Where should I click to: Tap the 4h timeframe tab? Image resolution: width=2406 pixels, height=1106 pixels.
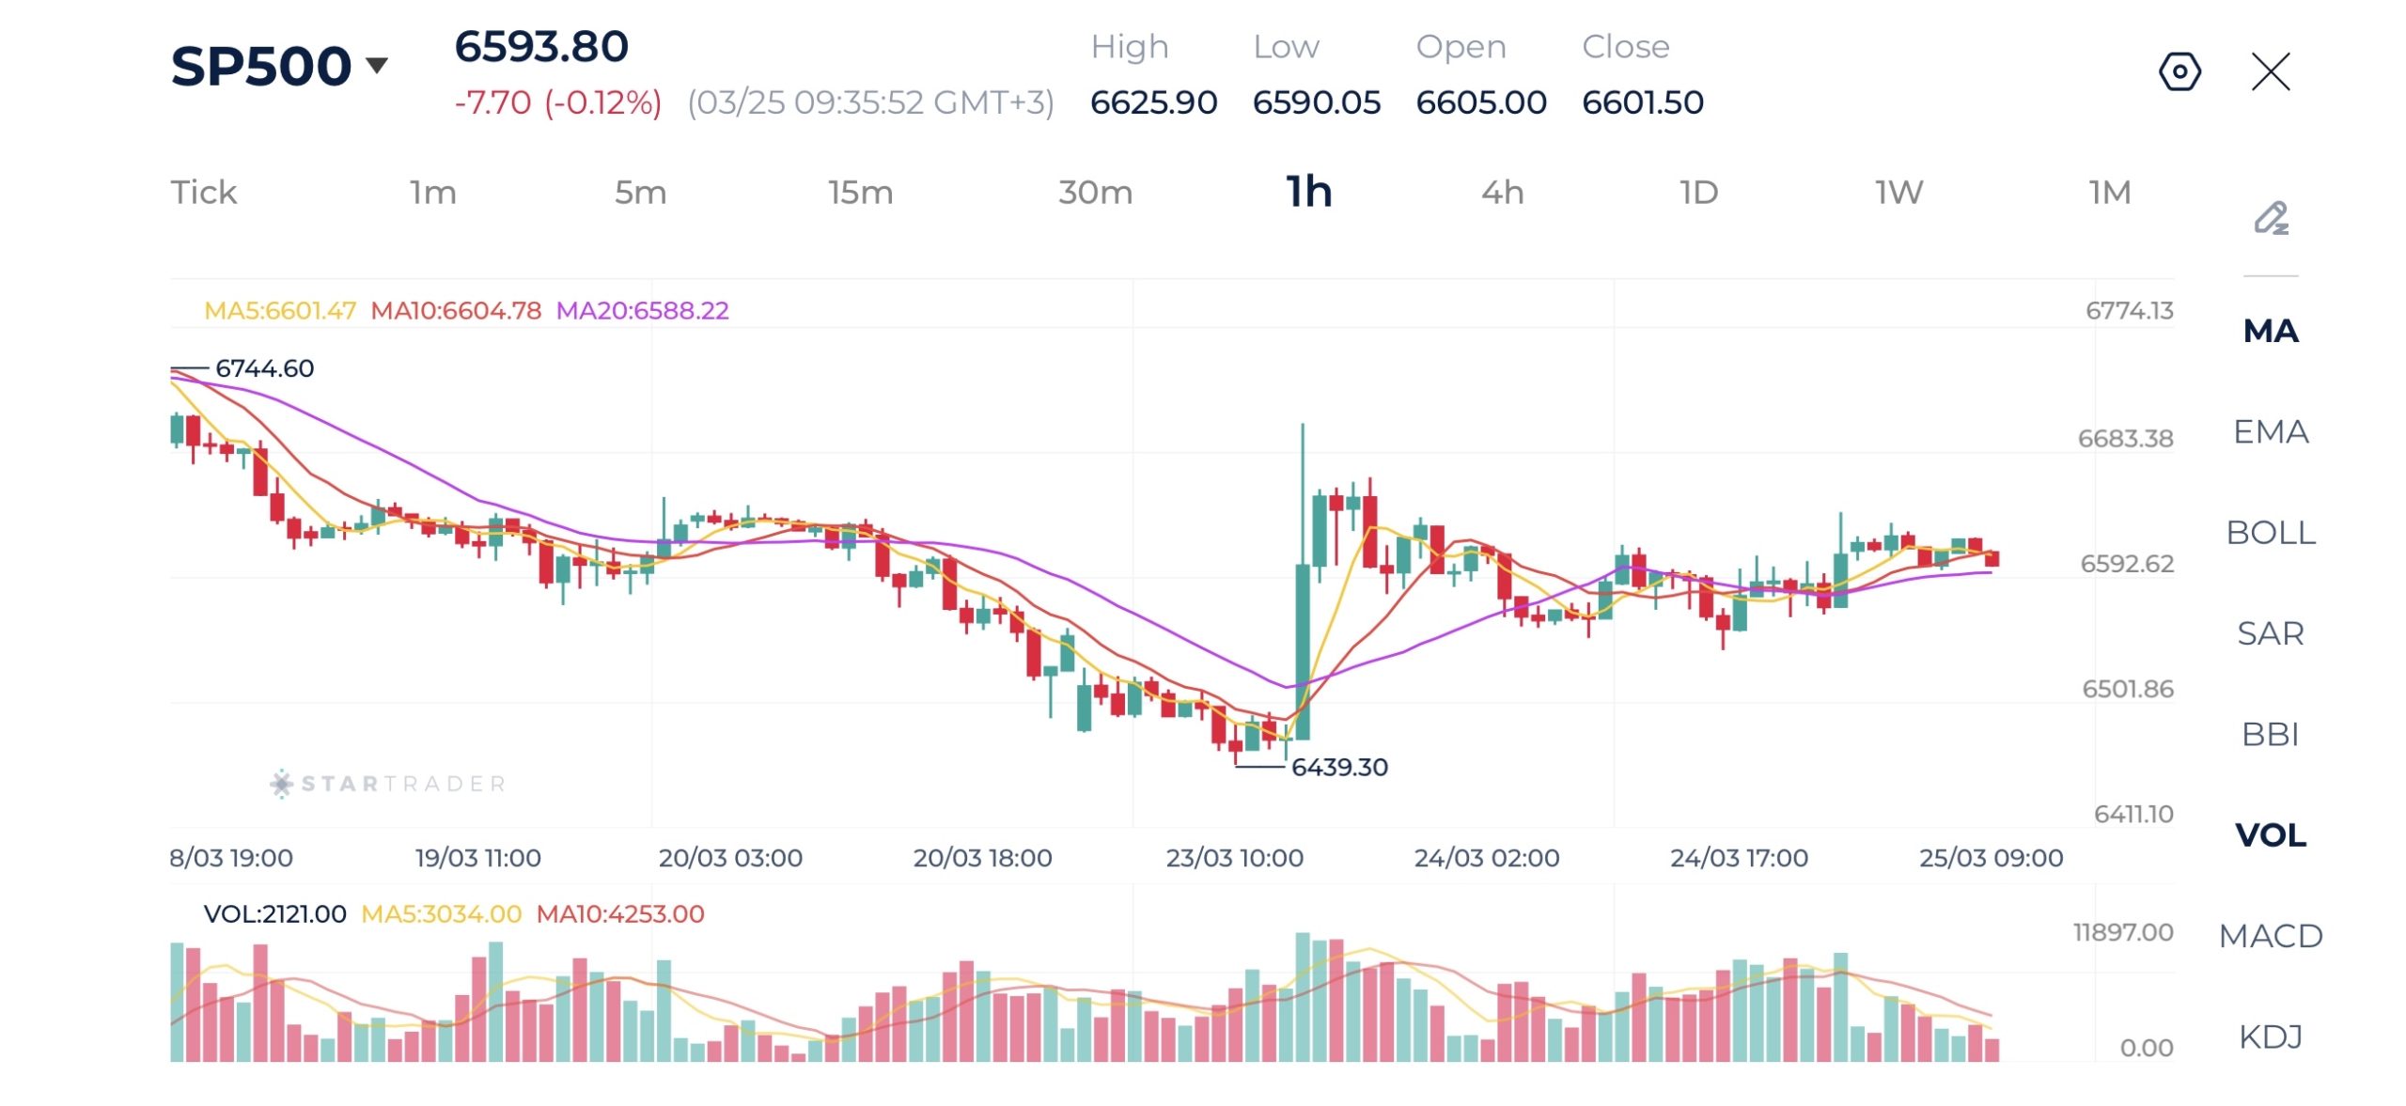tap(1502, 193)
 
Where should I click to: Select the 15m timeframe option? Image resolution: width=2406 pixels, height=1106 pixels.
tap(860, 193)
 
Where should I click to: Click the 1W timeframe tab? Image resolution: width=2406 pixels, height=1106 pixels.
tap(1898, 193)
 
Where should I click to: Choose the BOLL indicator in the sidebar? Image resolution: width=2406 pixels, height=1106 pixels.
tap(2270, 533)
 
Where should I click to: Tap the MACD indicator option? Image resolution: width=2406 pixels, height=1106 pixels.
tap(2270, 936)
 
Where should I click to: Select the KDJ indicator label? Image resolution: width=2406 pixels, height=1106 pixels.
tap(2270, 1036)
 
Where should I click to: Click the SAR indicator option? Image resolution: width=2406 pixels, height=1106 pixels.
tap(2270, 633)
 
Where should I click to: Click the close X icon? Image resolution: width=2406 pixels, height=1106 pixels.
tap(2271, 71)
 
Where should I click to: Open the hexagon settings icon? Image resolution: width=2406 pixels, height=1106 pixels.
tap(2179, 71)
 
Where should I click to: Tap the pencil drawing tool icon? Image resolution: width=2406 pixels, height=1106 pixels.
tap(2271, 218)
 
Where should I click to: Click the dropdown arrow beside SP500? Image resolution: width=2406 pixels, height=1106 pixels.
tap(377, 65)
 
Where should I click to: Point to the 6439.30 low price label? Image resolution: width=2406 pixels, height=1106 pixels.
tap(1338, 768)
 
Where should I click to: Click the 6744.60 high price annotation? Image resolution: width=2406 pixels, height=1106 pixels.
tap(264, 368)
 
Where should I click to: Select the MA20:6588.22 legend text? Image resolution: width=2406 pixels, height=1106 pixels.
tap(642, 310)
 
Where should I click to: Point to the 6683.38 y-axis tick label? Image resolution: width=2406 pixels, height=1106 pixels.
tap(2125, 439)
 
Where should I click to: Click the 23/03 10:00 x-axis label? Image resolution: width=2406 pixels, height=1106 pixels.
tap(1234, 858)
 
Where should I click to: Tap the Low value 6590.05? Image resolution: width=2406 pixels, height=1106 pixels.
tap(1316, 102)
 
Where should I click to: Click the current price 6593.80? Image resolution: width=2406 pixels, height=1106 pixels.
tap(541, 47)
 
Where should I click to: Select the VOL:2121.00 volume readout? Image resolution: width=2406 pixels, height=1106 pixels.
tap(274, 914)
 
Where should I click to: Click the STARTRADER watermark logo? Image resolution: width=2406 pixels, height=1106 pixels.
tap(388, 784)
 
